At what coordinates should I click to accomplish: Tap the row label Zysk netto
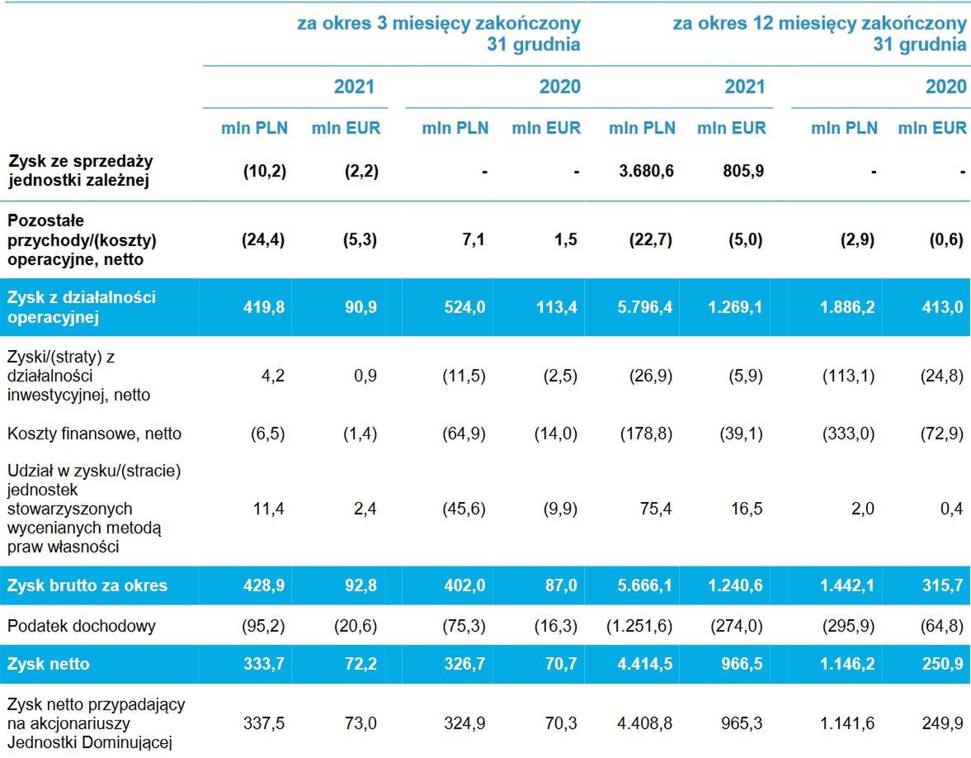[x=48, y=664]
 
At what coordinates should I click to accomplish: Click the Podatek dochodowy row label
[x=81, y=626]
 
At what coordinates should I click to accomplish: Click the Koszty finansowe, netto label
[x=94, y=433]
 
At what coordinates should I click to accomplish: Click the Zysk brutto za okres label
[x=87, y=585]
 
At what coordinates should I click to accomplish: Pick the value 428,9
[x=265, y=585]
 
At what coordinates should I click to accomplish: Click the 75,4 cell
[x=656, y=509]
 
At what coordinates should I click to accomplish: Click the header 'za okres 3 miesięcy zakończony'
[x=438, y=23]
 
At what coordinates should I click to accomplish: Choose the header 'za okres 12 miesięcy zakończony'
[x=819, y=23]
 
